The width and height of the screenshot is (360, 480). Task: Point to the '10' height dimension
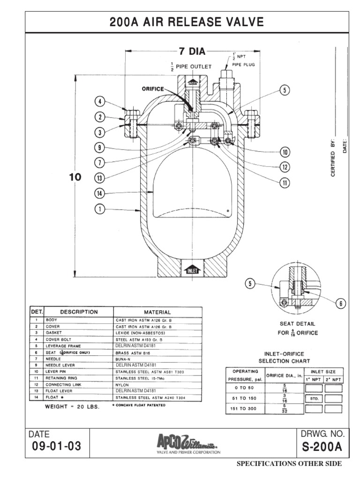point(75,177)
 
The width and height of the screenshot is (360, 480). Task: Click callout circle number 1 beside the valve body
point(99,210)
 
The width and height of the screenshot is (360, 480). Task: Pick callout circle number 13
point(99,177)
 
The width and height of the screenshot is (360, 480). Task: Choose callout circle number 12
point(284,167)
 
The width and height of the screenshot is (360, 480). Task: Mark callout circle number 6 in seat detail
point(341,304)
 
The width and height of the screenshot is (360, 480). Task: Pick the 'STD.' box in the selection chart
point(314,398)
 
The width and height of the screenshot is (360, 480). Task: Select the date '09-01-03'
point(55,447)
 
